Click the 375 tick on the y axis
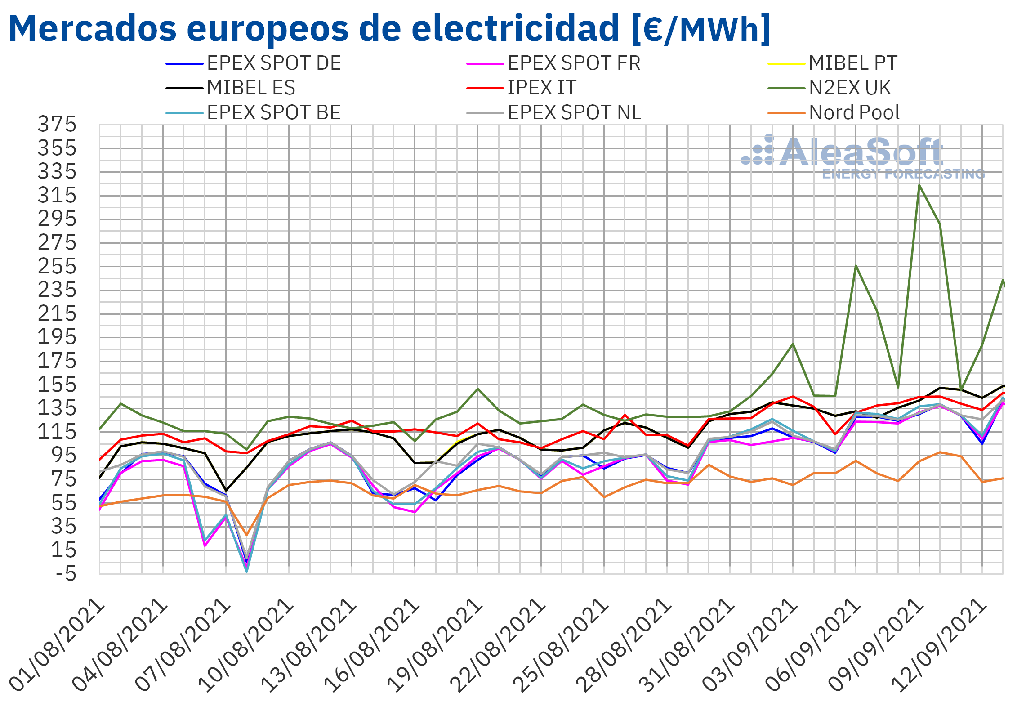57,125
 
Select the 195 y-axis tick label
57,337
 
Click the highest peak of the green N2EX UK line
919,185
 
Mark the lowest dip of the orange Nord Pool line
246,535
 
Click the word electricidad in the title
515,28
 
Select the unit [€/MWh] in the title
701,29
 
